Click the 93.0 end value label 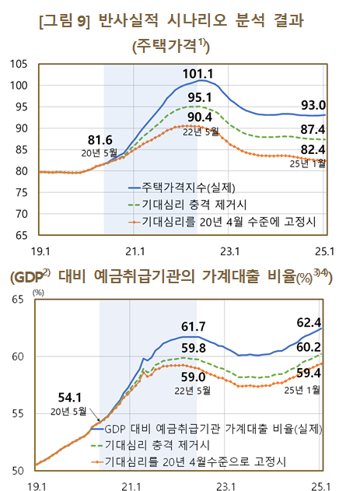313,105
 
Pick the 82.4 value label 313,149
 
